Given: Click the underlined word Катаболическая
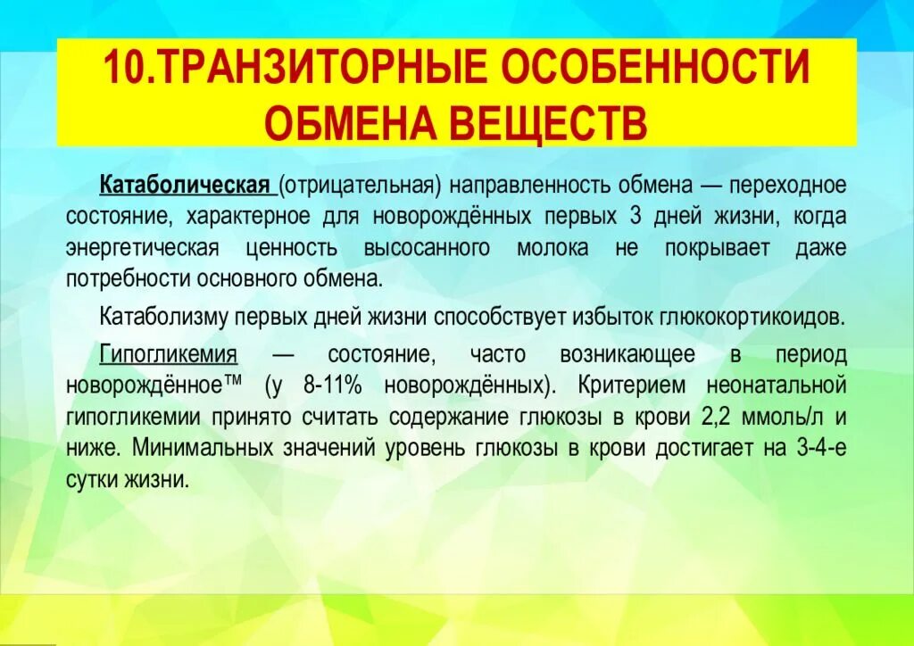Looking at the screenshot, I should pyautogui.click(x=185, y=185).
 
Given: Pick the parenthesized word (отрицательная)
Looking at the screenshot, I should pyautogui.click(x=360, y=185).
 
